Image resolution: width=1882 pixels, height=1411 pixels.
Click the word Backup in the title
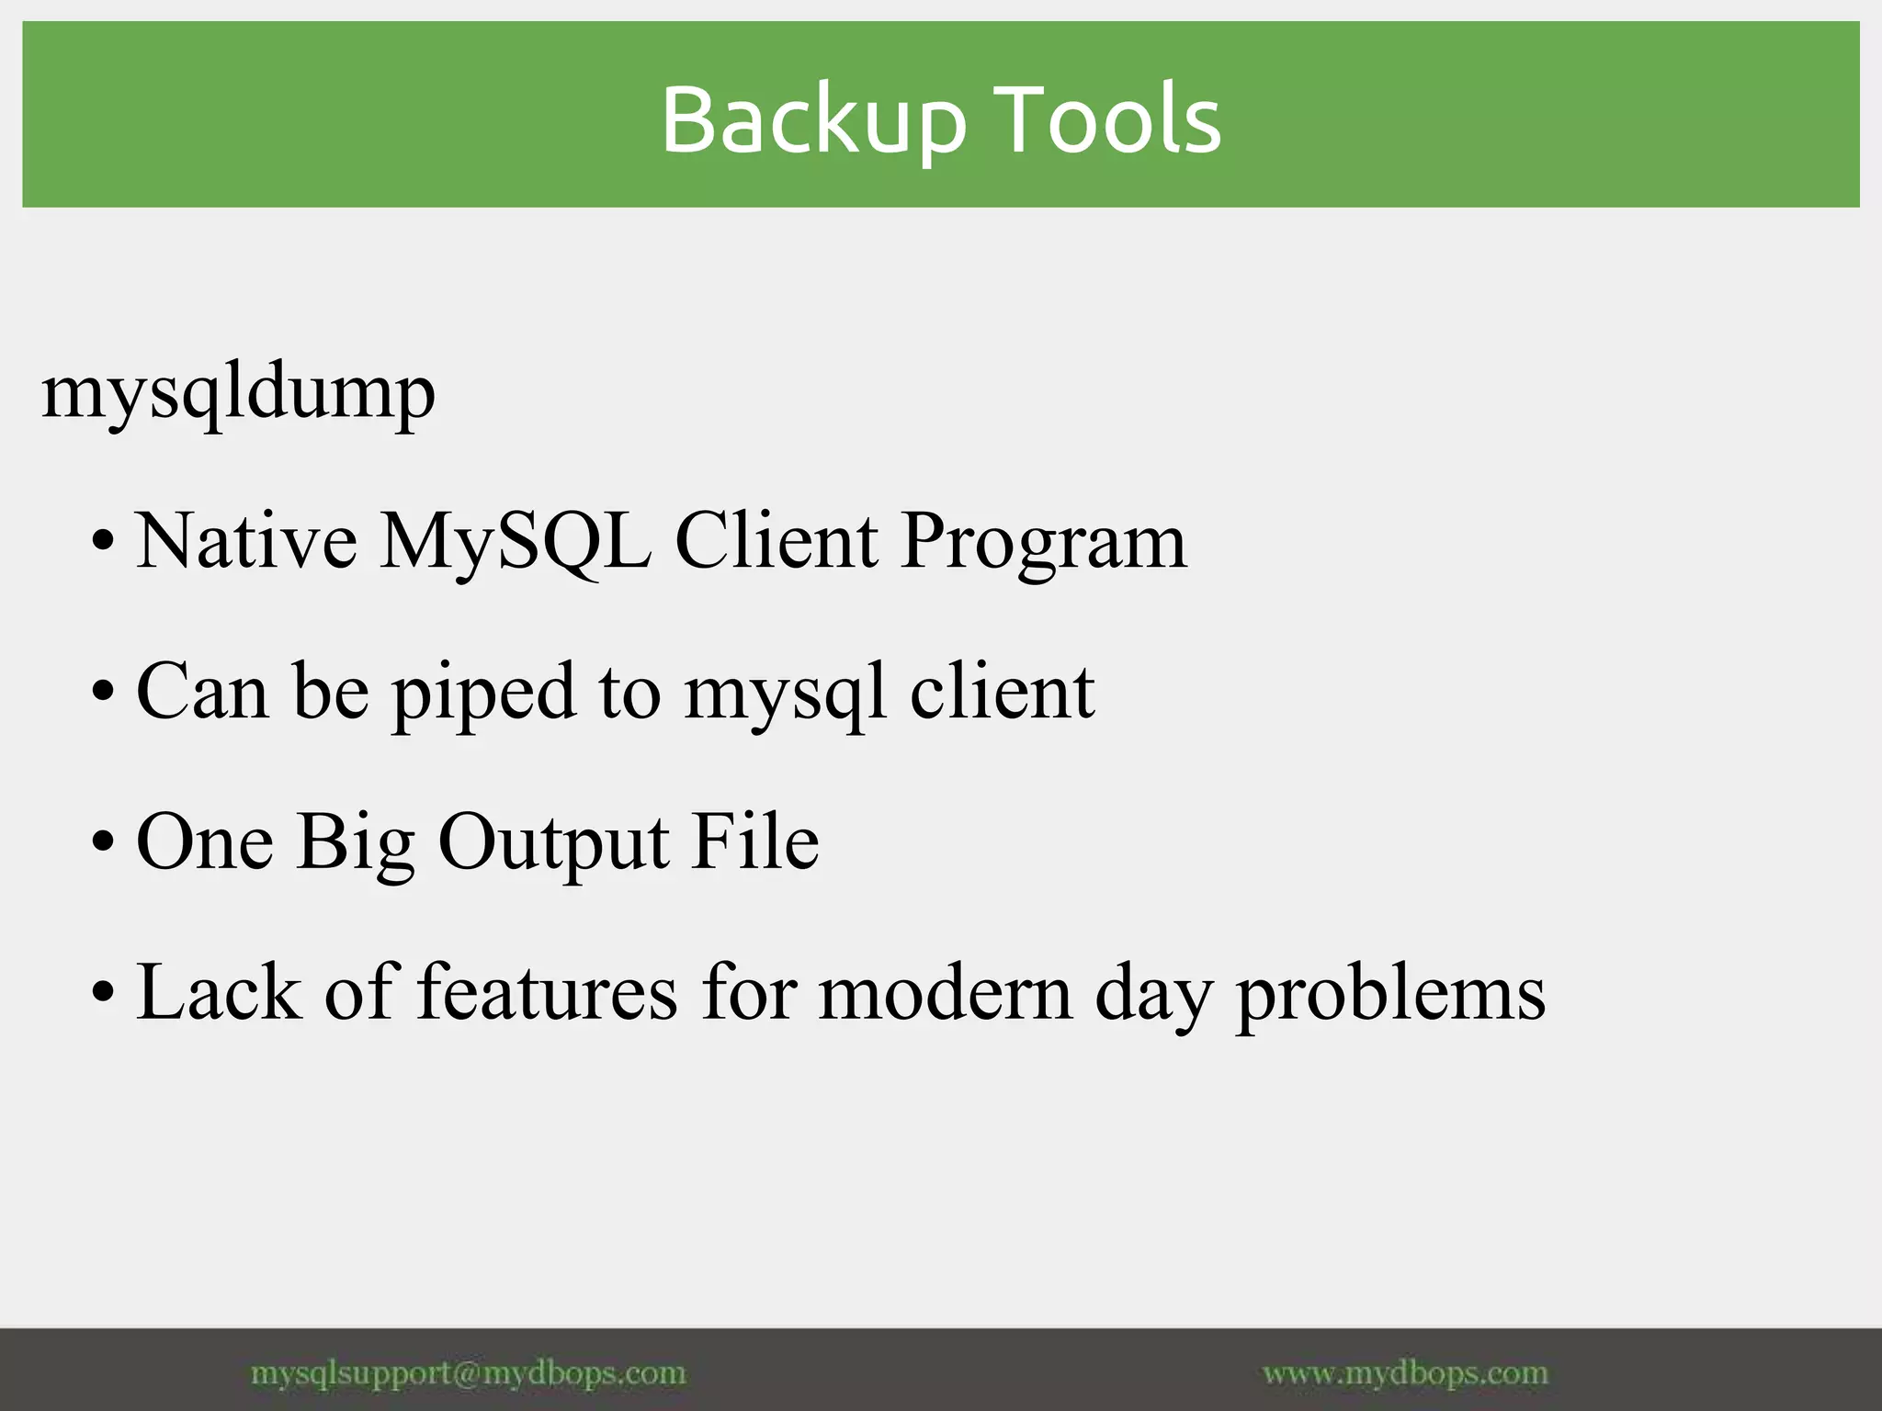(x=813, y=119)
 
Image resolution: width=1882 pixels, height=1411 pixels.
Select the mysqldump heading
(x=238, y=393)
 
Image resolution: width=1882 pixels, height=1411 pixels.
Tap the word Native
(x=246, y=541)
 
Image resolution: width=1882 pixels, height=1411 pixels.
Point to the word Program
(x=1043, y=543)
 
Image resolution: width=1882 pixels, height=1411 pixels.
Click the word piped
(x=483, y=694)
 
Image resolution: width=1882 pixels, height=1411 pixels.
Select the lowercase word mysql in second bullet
(x=786, y=694)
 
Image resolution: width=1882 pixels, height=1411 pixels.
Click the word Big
(x=356, y=844)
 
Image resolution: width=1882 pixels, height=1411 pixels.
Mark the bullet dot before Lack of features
(x=104, y=993)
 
